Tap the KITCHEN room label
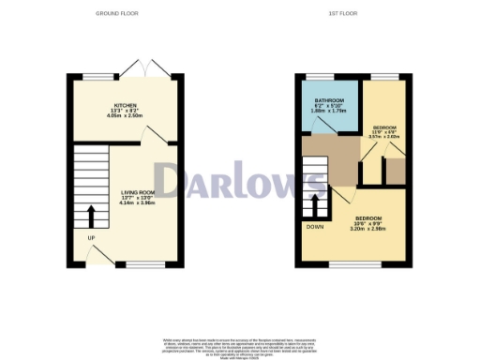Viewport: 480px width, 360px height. (127, 106)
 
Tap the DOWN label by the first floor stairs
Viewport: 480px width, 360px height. (314, 226)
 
